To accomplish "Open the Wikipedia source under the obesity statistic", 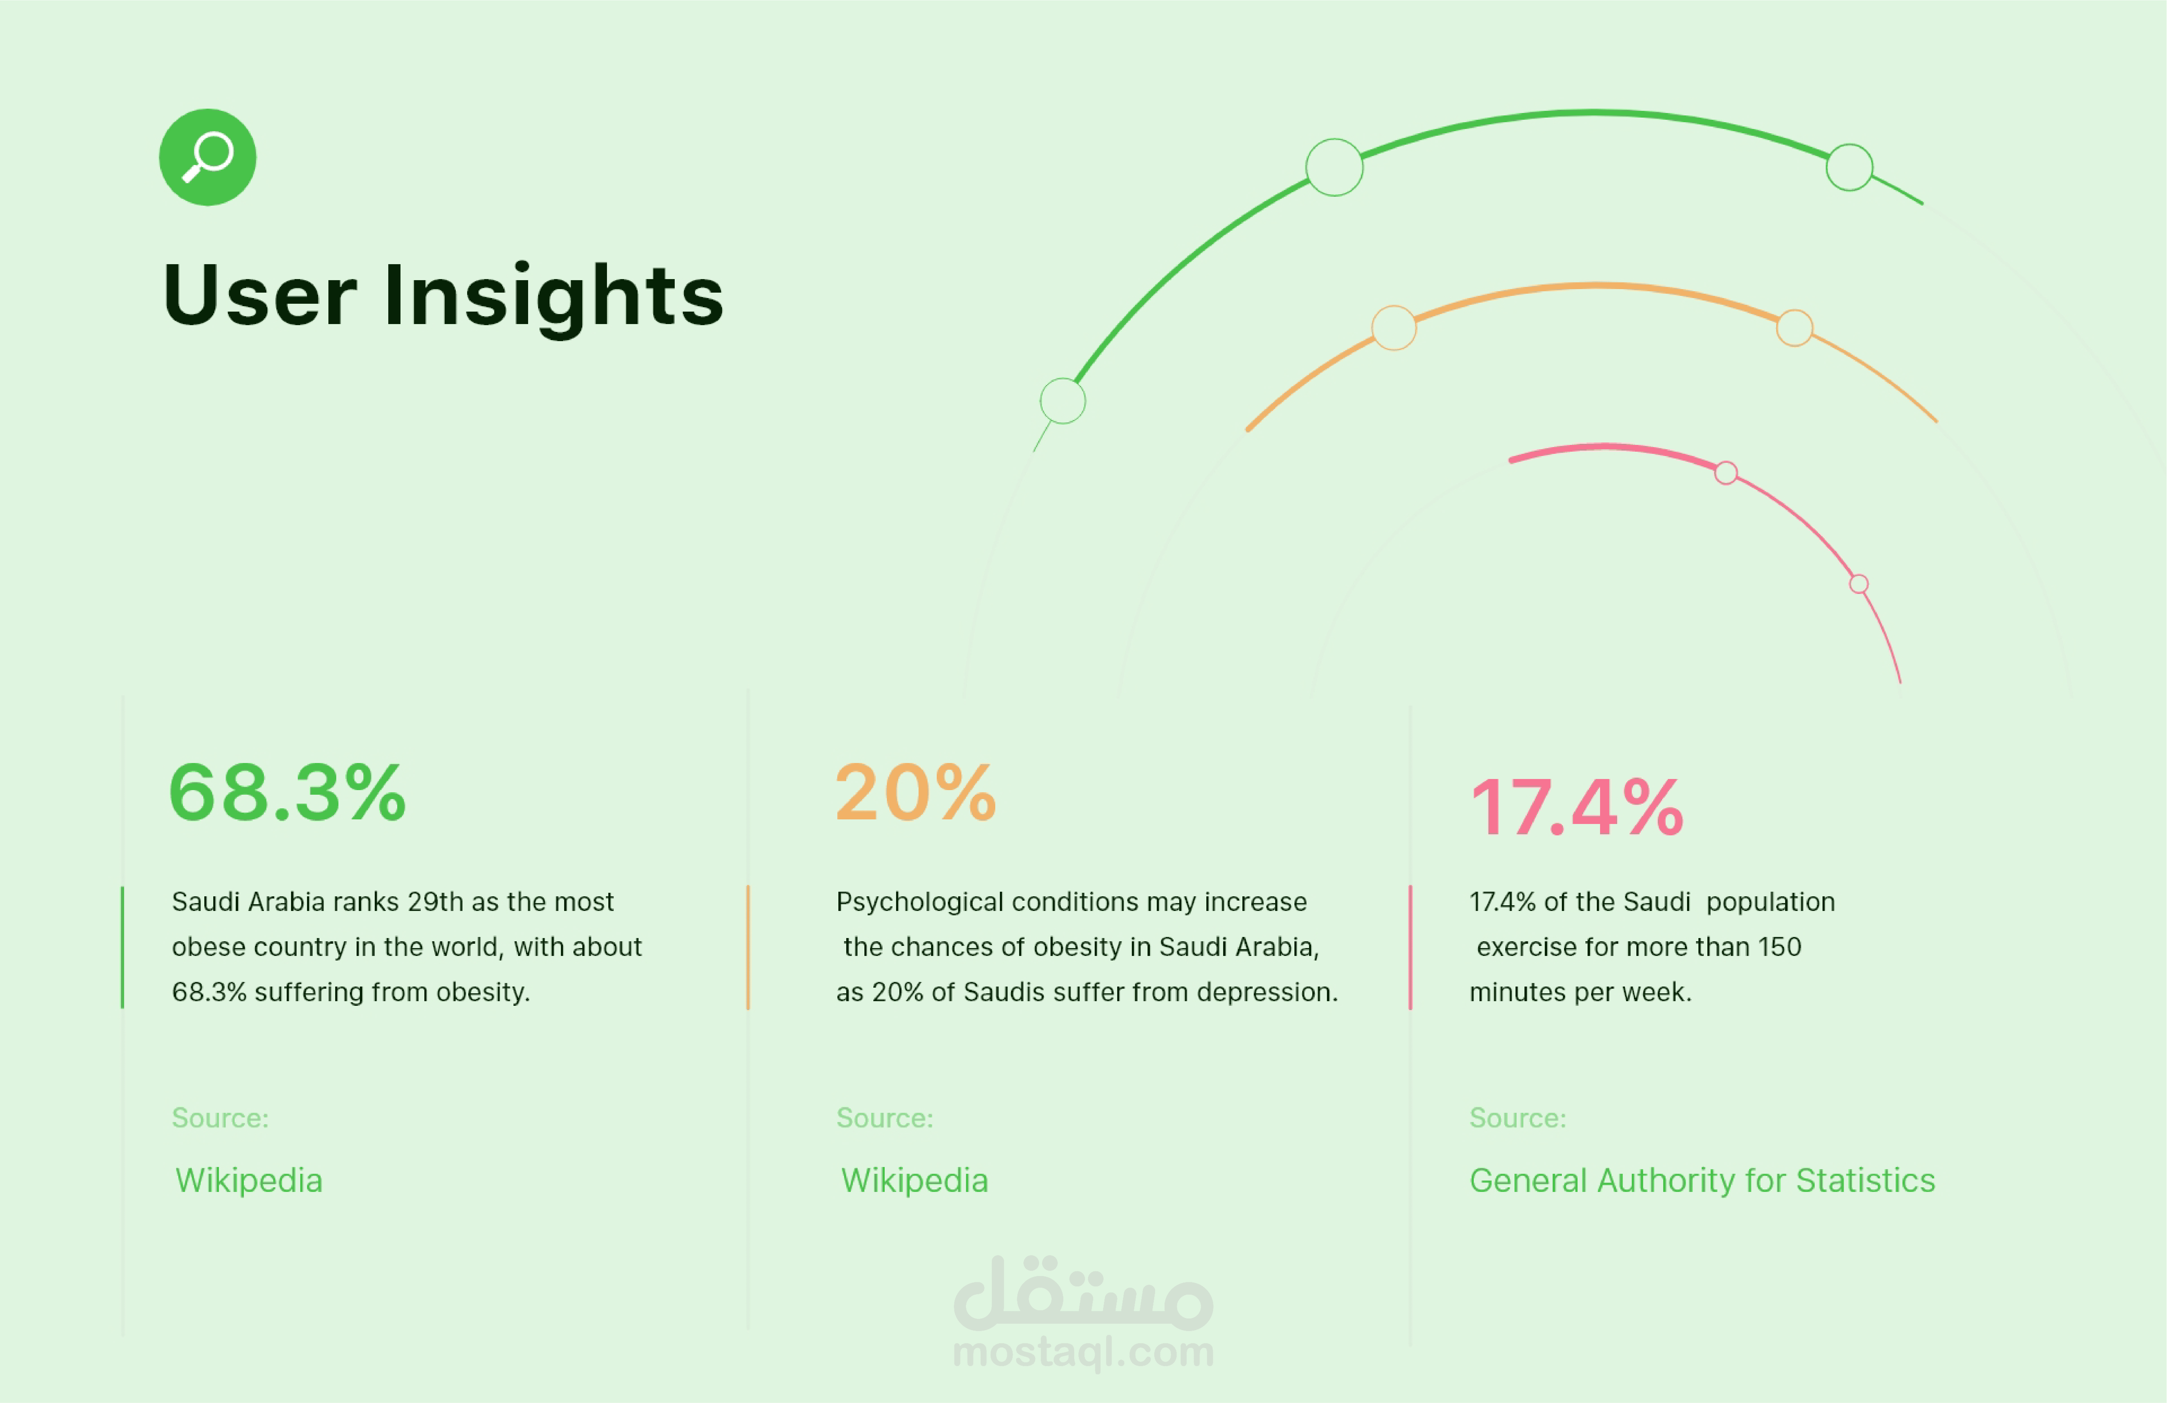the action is tap(249, 1181).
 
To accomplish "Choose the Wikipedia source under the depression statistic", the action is tap(915, 1181).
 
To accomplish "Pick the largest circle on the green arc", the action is tap(1335, 168).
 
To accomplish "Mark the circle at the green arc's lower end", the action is tap(1063, 401).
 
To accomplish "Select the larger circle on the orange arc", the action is tap(1394, 328).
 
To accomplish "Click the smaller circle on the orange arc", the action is tap(1795, 328).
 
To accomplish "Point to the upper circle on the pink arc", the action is tap(1726, 473).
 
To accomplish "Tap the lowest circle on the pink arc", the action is tap(1859, 584).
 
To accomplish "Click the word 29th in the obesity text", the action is tap(435, 902).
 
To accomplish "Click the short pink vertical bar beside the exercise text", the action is tap(1410, 948).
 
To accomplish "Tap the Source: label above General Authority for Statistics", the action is tap(1518, 1118).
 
